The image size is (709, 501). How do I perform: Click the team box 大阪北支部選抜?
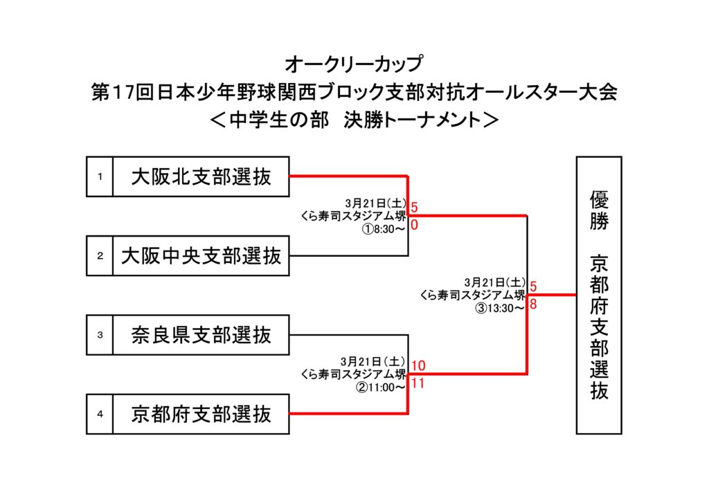(x=201, y=177)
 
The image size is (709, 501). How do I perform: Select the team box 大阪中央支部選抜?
(x=201, y=257)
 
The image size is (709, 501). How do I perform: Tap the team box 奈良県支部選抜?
(x=201, y=336)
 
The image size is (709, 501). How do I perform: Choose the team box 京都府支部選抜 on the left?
(x=201, y=415)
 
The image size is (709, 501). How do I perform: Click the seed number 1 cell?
(x=100, y=177)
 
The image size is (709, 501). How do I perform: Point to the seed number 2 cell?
(x=100, y=257)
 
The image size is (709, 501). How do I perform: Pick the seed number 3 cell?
(x=100, y=336)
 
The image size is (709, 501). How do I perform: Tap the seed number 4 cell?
(x=100, y=415)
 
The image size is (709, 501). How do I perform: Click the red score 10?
(x=418, y=365)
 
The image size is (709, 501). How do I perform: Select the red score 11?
(x=418, y=383)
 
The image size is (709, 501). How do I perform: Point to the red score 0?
(x=414, y=225)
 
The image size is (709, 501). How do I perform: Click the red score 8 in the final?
(x=533, y=304)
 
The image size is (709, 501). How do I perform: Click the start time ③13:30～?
(x=499, y=308)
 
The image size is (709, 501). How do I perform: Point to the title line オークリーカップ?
(x=354, y=65)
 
